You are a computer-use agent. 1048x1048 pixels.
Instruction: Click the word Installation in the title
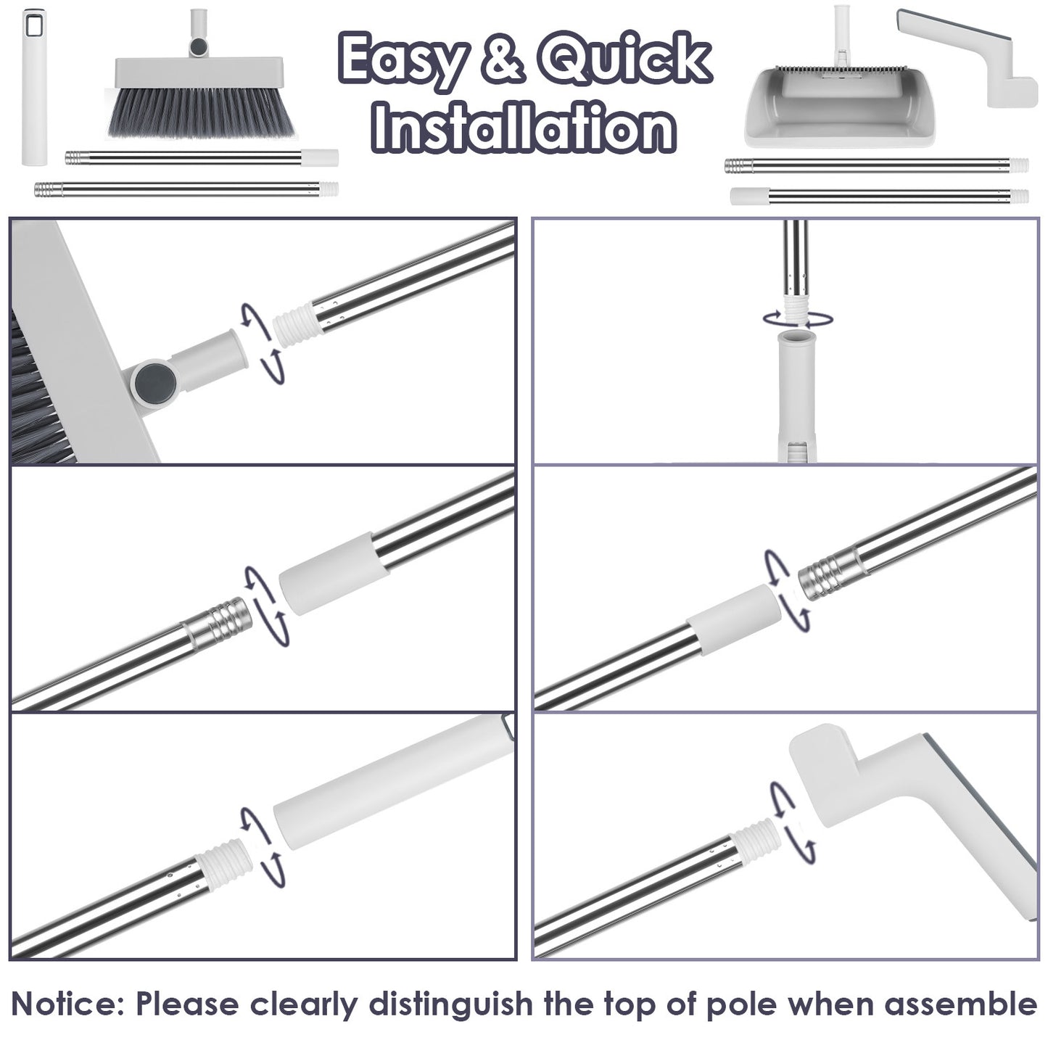524,128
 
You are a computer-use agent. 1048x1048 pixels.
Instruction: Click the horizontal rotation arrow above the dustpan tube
797,318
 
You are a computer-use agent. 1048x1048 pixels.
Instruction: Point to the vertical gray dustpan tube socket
796,395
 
